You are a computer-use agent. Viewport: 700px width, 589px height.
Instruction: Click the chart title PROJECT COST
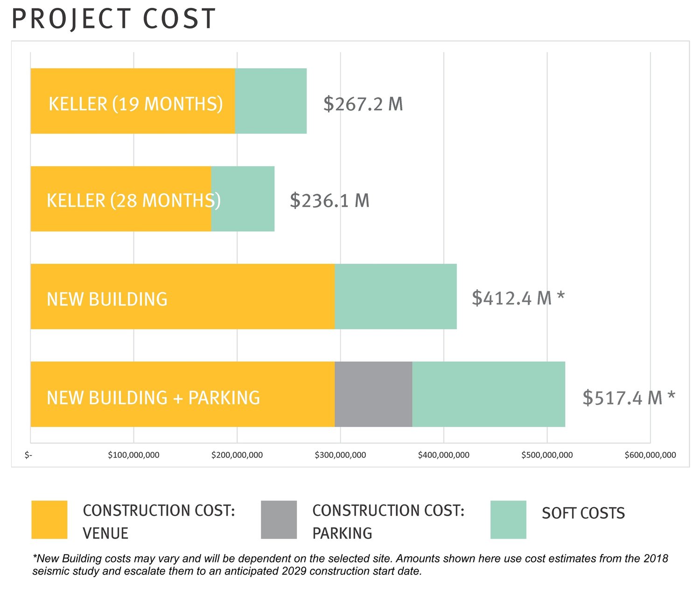pos(113,19)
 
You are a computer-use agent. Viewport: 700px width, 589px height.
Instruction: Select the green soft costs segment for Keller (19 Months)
pos(271,101)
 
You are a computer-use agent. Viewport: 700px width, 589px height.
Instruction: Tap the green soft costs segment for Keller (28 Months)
pos(245,199)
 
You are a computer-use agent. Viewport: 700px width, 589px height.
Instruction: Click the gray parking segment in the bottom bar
pos(373,394)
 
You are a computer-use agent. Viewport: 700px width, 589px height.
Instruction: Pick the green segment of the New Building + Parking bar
pos(489,394)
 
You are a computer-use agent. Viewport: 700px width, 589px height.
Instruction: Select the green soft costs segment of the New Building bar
pos(395,296)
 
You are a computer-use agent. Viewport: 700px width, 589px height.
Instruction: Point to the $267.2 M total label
pos(363,104)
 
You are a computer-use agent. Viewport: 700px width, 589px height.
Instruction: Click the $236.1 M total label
pos(329,201)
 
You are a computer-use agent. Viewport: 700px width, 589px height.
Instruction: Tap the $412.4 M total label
pos(511,298)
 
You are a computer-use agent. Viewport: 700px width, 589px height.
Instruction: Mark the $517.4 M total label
pos(623,398)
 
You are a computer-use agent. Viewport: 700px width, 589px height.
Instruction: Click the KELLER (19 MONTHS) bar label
pos(135,104)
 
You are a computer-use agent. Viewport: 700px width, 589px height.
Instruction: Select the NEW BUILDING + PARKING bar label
pos(153,398)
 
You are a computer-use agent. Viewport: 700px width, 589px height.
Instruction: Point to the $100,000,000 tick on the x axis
pos(133,455)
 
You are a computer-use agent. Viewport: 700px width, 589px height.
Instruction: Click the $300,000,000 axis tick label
pos(340,455)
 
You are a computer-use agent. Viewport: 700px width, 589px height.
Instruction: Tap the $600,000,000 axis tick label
pos(650,455)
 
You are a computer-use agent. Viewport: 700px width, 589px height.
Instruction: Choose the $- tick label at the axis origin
pos(28,455)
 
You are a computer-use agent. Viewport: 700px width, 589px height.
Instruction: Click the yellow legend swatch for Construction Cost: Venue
pos(49,519)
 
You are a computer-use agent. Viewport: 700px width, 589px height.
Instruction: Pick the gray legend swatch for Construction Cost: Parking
pos(279,519)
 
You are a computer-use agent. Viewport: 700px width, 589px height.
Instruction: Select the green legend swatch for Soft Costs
pos(508,519)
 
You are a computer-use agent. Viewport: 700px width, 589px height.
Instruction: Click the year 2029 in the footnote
pos(294,571)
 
